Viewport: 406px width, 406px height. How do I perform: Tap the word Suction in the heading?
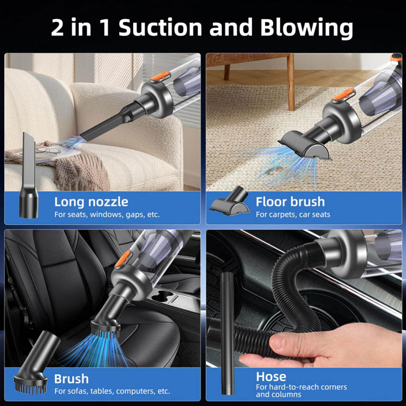(x=160, y=27)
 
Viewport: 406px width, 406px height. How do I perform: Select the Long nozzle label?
(x=91, y=202)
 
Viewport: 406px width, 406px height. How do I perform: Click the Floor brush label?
(x=290, y=202)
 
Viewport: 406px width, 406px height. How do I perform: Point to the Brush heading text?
(x=71, y=379)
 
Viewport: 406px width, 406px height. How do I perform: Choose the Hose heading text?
(x=271, y=377)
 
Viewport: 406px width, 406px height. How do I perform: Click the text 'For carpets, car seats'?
(x=293, y=214)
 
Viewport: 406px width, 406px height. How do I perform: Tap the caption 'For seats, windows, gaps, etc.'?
(x=107, y=214)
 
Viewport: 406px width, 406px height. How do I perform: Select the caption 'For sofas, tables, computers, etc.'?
(x=112, y=391)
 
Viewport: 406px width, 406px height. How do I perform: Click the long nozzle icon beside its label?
(x=28, y=176)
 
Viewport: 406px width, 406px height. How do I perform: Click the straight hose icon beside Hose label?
(x=227, y=333)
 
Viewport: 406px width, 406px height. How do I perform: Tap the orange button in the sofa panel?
(x=161, y=77)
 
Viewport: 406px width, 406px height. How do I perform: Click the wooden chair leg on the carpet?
(x=291, y=82)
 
